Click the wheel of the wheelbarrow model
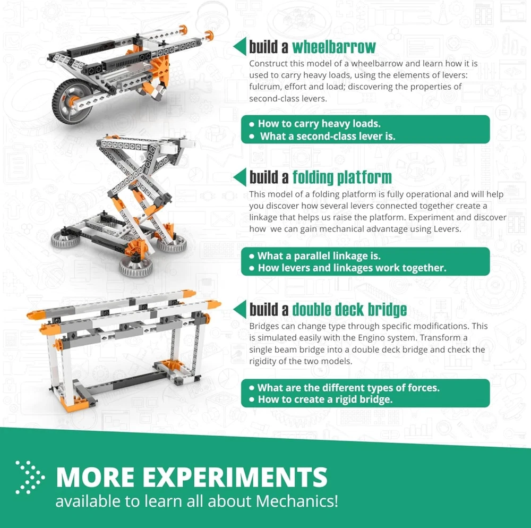pos(72,101)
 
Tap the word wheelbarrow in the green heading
pos(334,47)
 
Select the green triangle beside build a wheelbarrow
pos(240,46)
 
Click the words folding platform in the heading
pos(342,177)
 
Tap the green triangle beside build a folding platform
pos(240,177)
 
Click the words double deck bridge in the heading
pos(349,310)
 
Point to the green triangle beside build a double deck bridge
pos(240,309)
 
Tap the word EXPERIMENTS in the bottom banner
pos(235,477)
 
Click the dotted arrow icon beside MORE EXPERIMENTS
pos(30,477)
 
